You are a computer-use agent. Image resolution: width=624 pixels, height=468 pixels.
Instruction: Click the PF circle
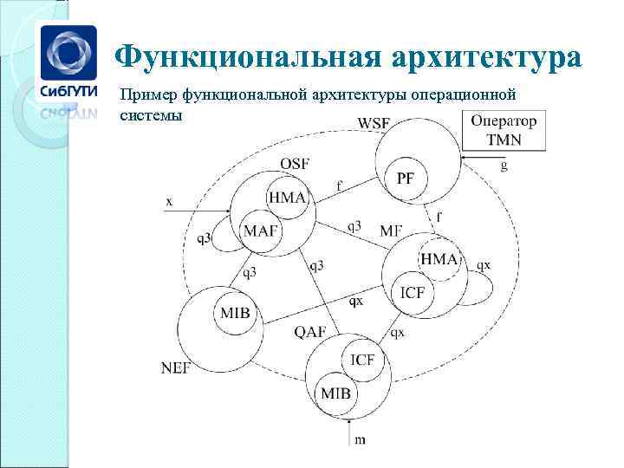click(406, 179)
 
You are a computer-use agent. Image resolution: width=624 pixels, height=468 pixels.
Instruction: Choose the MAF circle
click(261, 231)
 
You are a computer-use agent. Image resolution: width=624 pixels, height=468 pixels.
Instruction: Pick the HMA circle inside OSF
click(287, 198)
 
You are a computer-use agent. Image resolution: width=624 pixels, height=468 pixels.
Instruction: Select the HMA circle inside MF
click(439, 259)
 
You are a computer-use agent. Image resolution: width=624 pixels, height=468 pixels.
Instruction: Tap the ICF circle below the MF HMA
click(413, 292)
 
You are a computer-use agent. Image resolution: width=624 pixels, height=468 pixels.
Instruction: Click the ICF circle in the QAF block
click(363, 360)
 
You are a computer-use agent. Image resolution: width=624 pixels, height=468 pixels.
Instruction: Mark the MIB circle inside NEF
click(235, 312)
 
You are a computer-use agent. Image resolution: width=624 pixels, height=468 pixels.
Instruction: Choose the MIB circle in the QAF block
click(336, 393)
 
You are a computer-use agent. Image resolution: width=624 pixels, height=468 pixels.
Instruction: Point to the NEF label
click(176, 367)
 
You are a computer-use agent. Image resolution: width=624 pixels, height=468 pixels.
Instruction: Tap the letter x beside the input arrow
click(169, 201)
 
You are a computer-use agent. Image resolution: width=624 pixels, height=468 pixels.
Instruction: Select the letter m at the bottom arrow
click(360, 439)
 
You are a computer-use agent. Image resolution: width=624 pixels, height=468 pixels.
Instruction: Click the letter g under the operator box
click(504, 165)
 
